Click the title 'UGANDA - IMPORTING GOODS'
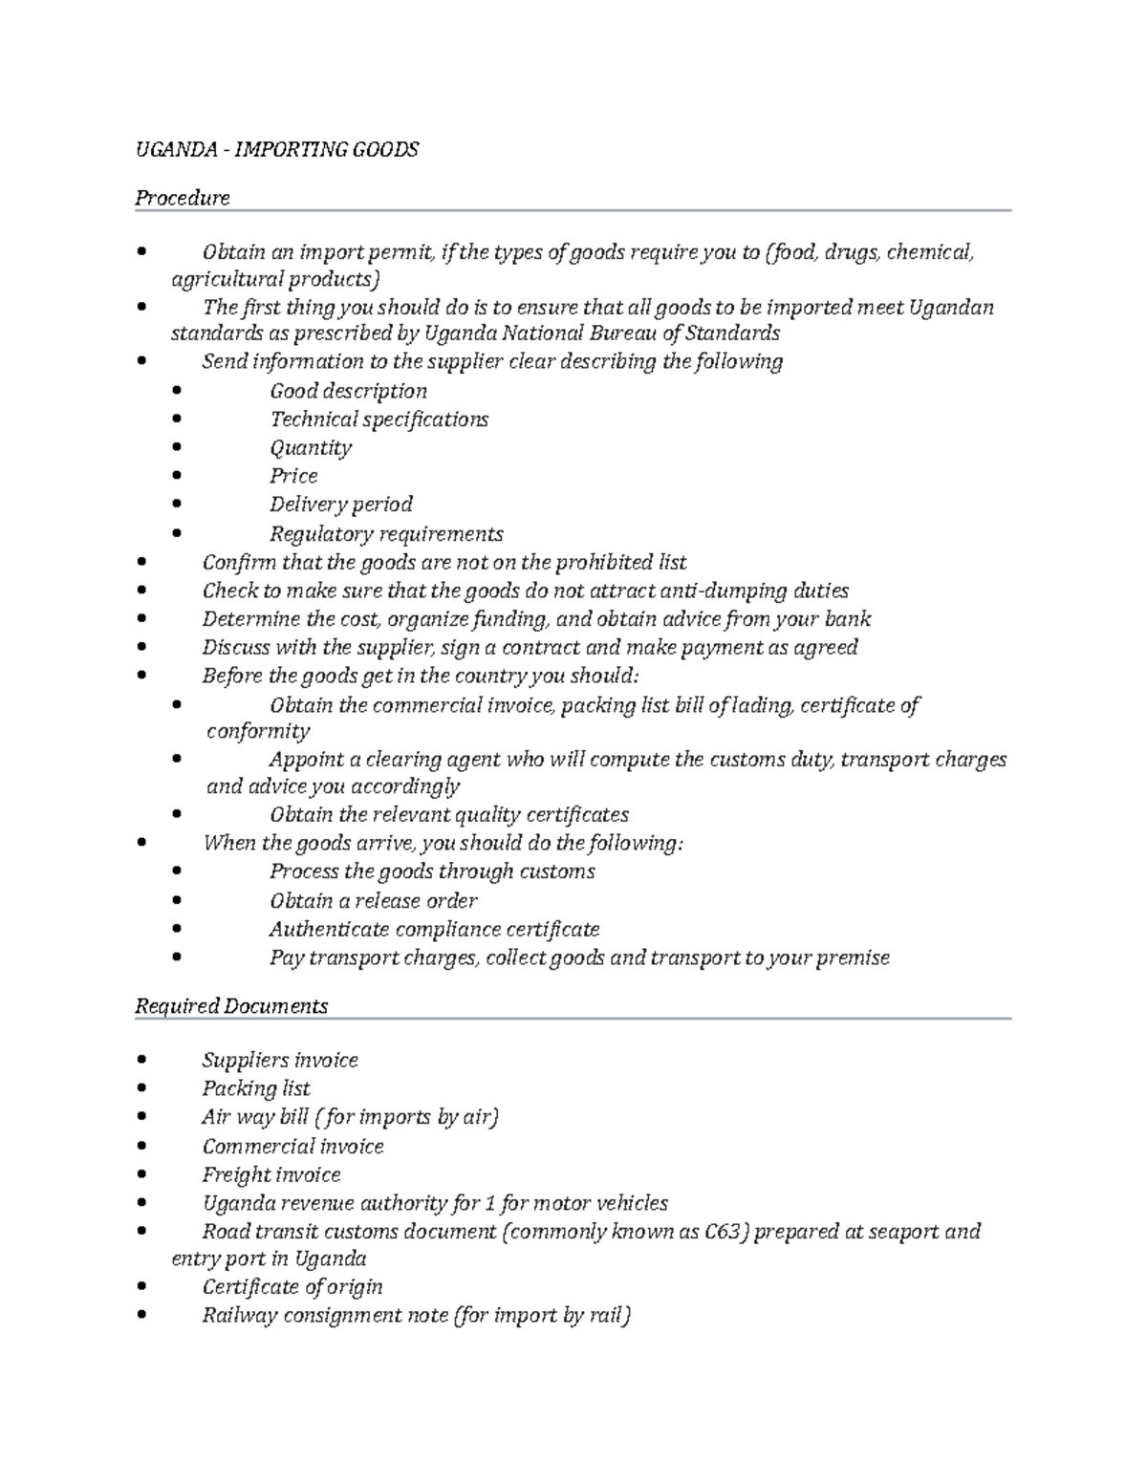tap(276, 150)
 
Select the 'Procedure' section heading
tap(182, 198)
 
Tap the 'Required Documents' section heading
tap(231, 1006)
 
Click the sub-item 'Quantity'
tap(310, 447)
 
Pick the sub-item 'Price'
tap(293, 476)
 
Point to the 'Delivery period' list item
tap(340, 505)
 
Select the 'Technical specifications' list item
tap(379, 419)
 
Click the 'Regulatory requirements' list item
tap(385, 533)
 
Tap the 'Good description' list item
tap(348, 391)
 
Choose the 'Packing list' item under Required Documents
tap(255, 1088)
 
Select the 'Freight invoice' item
tap(271, 1174)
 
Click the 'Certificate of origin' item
tap(292, 1287)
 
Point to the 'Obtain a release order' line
tap(373, 900)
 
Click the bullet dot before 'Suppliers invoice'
tap(142, 1060)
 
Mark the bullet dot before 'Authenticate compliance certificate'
tap(177, 929)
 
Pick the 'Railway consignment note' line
tap(416, 1316)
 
